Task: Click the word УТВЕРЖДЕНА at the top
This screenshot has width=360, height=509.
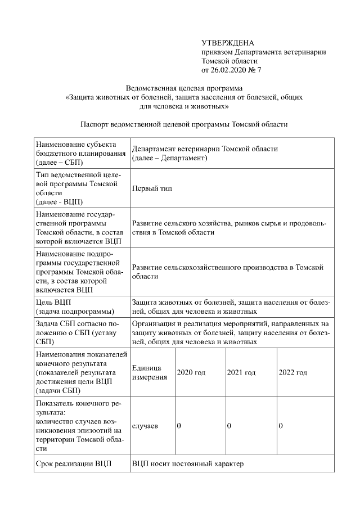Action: point(227,43)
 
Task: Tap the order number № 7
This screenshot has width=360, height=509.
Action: point(255,70)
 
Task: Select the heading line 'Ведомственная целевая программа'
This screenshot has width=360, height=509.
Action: point(184,88)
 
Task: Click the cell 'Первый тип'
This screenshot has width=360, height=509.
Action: point(151,188)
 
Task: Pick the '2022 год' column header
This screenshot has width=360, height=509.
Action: point(292,372)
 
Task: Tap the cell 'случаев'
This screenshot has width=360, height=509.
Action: point(145,426)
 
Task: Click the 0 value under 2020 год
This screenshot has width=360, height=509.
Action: point(179,426)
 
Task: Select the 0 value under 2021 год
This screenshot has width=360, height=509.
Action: point(229,426)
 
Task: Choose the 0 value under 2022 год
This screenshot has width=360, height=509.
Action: point(281,426)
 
